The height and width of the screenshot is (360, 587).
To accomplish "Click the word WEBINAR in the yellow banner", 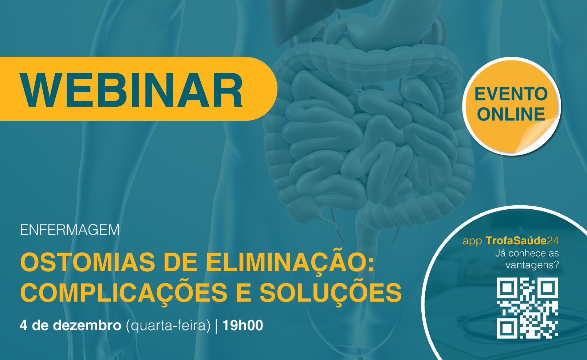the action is [x=131, y=90].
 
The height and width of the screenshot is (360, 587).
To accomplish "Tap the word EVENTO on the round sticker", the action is [x=511, y=94].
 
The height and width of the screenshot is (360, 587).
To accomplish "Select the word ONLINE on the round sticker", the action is [x=511, y=114].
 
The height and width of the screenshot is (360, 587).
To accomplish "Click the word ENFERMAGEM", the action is [x=70, y=230].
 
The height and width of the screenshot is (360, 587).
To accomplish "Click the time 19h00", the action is [x=243, y=325].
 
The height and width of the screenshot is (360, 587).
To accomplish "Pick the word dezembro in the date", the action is [x=87, y=325].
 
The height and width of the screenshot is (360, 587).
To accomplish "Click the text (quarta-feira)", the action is [x=168, y=326].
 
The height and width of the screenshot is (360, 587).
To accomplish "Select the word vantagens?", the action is [x=532, y=265].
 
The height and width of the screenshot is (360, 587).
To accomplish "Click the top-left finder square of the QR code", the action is [x=507, y=288].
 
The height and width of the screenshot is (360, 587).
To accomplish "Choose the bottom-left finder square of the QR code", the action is [x=507, y=328].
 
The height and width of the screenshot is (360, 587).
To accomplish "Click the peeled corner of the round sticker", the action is [x=535, y=136].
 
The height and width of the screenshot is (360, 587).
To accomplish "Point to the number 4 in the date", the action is [x=24, y=325].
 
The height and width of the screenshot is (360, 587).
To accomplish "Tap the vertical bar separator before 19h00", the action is [x=216, y=326].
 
